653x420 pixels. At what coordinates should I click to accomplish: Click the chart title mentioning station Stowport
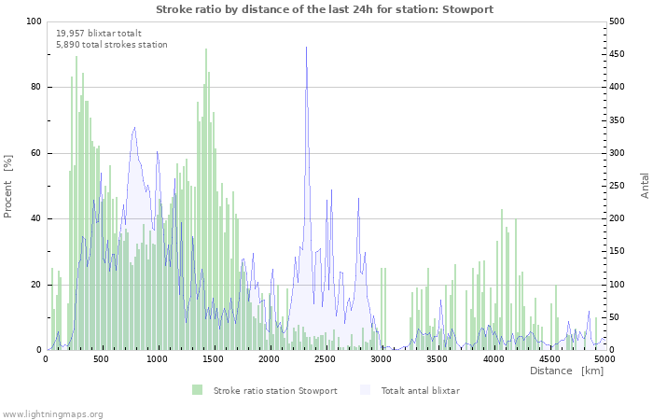coord(325,9)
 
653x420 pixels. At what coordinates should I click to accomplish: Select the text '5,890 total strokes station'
coord(112,44)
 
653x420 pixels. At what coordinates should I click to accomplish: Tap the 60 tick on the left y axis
coord(36,153)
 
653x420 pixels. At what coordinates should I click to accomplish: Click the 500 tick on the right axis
coord(618,21)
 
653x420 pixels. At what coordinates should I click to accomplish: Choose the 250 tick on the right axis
coord(618,186)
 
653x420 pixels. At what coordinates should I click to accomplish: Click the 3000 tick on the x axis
coord(381,358)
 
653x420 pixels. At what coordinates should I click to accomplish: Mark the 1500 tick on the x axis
coord(214,358)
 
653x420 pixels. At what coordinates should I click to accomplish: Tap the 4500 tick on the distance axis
coord(549,358)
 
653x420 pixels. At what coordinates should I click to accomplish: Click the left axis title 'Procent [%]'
coord(8,186)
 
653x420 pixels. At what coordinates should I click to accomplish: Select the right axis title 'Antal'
coord(645,186)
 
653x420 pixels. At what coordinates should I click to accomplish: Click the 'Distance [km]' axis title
coord(566,371)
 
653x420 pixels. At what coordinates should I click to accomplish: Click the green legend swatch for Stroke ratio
coord(197,390)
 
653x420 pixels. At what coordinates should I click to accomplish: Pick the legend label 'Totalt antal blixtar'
coord(420,390)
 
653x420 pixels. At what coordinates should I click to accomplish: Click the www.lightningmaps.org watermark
coord(52,413)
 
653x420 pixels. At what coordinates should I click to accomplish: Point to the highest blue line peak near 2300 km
coord(306,47)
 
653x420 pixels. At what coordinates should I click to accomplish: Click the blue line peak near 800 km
coord(134,128)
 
